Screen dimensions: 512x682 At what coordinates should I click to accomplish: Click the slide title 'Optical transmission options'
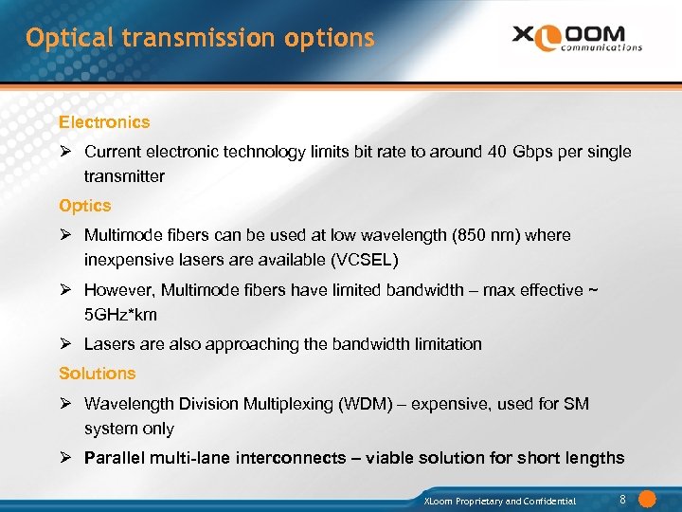(200, 39)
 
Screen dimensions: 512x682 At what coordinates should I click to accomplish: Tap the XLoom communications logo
(577, 37)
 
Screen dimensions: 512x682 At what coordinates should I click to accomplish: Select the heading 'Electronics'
(104, 122)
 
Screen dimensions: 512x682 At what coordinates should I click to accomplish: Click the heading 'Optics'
(85, 206)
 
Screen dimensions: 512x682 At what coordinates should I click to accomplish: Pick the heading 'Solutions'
(98, 374)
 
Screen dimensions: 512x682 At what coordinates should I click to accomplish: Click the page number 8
(622, 499)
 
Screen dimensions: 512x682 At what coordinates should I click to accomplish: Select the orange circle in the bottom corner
(648, 499)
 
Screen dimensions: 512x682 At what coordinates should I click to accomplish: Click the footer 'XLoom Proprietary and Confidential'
(499, 501)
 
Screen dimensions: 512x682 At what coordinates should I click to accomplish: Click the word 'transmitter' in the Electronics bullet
(124, 176)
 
